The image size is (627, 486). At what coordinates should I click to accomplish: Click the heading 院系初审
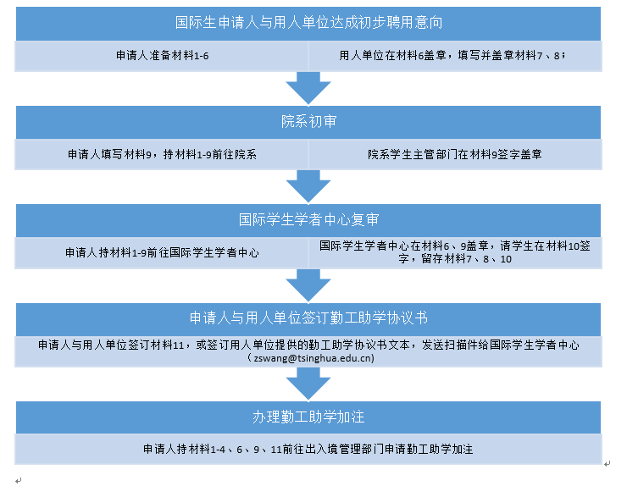(x=308, y=122)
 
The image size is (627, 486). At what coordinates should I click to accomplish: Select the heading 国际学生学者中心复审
(x=308, y=220)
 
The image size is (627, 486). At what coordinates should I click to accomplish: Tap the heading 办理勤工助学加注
(x=308, y=417)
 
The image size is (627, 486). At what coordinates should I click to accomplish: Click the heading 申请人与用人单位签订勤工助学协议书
(x=308, y=318)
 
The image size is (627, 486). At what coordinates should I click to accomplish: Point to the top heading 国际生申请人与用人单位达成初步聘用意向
(x=308, y=22)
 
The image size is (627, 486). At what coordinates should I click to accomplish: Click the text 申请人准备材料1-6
(x=163, y=56)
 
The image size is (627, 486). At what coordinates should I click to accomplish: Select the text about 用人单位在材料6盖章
(x=452, y=56)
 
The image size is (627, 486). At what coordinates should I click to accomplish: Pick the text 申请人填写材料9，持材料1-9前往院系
(x=162, y=154)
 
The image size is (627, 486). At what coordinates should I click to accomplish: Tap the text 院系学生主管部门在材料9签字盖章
(x=455, y=154)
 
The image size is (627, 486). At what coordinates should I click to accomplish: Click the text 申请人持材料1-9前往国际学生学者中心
(x=162, y=252)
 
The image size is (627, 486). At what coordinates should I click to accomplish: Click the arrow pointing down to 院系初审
(x=308, y=88)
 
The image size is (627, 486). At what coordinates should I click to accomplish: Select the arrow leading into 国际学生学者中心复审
(x=308, y=186)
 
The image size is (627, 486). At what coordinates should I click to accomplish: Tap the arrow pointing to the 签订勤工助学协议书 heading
(x=308, y=285)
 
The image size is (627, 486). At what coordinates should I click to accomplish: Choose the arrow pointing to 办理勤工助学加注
(x=308, y=384)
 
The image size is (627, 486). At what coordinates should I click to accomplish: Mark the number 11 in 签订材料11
(x=178, y=345)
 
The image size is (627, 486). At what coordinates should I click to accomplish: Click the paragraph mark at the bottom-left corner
(x=19, y=480)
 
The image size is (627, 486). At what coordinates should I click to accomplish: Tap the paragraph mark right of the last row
(x=608, y=464)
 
